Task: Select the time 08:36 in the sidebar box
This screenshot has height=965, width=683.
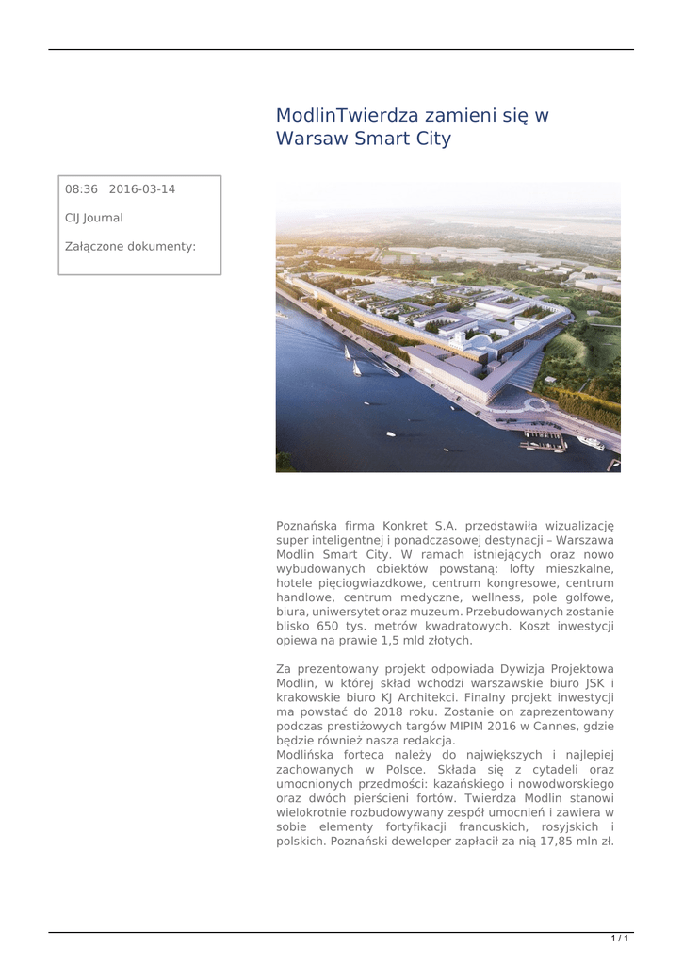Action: pyautogui.click(x=82, y=189)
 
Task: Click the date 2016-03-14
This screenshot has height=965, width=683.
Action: pyautogui.click(x=141, y=189)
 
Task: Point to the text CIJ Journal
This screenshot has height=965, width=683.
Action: pyautogui.click(x=93, y=218)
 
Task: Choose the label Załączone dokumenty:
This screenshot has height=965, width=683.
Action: pyautogui.click(x=130, y=247)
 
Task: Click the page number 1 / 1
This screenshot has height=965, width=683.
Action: pyautogui.click(x=620, y=939)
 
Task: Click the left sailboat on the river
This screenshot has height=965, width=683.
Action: pyautogui.click(x=347, y=352)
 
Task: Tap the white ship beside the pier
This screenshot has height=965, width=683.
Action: pyautogui.click(x=591, y=443)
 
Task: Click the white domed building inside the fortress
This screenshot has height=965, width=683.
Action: pyautogui.click(x=480, y=341)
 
